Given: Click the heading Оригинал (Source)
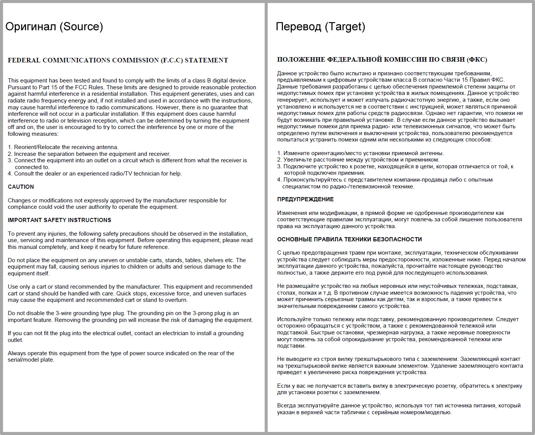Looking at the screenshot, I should (x=54, y=26).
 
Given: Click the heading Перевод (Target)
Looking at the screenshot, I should (x=320, y=26).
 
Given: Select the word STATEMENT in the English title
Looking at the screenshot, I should (x=206, y=60).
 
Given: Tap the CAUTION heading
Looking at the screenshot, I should (x=21, y=187).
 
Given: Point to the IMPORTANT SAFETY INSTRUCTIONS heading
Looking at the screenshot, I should (x=59, y=220).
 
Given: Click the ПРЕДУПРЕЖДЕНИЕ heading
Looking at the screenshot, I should (x=305, y=199).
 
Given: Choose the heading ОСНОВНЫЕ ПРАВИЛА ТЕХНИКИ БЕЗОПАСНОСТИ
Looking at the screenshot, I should (x=349, y=239).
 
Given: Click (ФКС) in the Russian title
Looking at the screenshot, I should (x=477, y=59).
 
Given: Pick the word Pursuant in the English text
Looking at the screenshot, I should (x=19, y=87).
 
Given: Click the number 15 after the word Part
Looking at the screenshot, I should (x=54, y=87).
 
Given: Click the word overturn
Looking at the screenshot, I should (x=175, y=300).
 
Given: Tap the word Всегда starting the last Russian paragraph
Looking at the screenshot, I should (x=286, y=405).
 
